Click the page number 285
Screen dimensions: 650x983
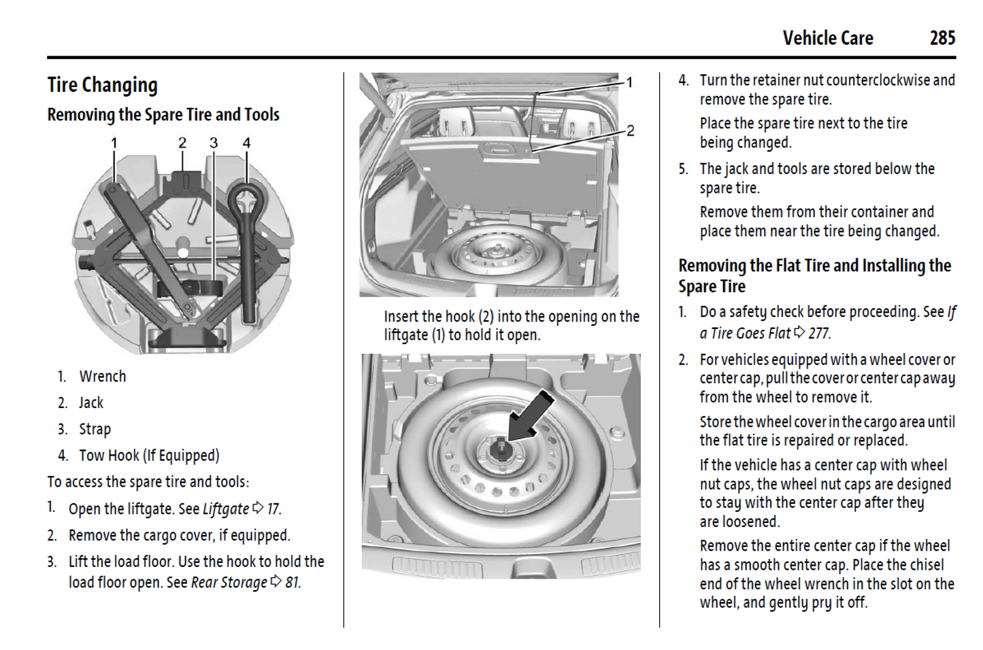(942, 38)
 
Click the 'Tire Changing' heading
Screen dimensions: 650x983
(103, 85)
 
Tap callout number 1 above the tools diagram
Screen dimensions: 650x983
(114, 143)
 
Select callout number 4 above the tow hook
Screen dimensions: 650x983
(246, 143)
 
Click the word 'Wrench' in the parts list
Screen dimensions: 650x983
(103, 377)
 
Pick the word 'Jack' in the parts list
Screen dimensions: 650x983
(91, 403)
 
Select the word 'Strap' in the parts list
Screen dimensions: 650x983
(95, 430)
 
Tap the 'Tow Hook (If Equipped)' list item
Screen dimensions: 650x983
(149, 456)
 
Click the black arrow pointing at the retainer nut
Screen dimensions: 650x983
(531, 415)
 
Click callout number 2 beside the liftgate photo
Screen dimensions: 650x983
(631, 131)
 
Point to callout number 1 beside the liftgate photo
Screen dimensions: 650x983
(630, 82)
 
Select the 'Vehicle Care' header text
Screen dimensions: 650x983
(828, 38)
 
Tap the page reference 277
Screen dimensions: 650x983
(818, 333)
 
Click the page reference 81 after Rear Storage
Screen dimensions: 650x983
(292, 583)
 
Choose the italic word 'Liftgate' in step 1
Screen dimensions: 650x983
(226, 509)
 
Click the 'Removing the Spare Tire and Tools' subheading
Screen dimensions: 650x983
(163, 115)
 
